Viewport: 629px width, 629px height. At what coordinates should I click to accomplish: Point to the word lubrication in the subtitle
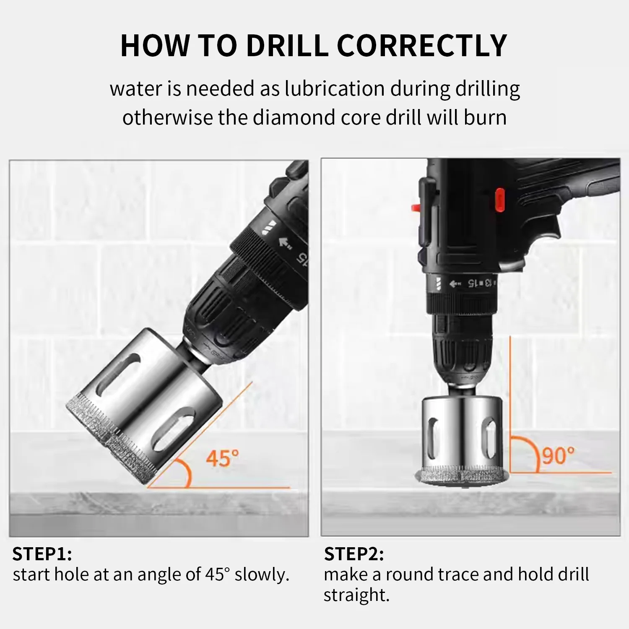tap(335, 88)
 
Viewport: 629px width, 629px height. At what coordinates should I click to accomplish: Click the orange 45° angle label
tap(223, 458)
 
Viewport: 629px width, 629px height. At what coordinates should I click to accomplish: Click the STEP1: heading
tap(42, 554)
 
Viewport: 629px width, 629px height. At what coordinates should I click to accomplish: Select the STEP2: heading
tap(354, 554)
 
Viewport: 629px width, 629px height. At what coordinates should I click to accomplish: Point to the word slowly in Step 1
tap(262, 574)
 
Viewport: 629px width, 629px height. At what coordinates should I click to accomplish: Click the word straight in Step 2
tap(356, 595)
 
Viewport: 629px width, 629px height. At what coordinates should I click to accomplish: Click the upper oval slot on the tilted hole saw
tap(118, 374)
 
